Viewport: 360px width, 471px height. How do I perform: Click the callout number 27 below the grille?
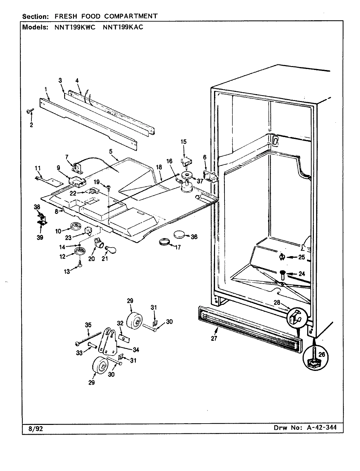[x=214, y=339]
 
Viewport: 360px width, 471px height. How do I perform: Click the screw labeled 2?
[x=29, y=112]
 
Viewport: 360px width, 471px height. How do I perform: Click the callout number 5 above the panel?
[x=111, y=151]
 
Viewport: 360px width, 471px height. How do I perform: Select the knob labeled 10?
[x=75, y=226]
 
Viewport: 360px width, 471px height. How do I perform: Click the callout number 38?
[x=37, y=207]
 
